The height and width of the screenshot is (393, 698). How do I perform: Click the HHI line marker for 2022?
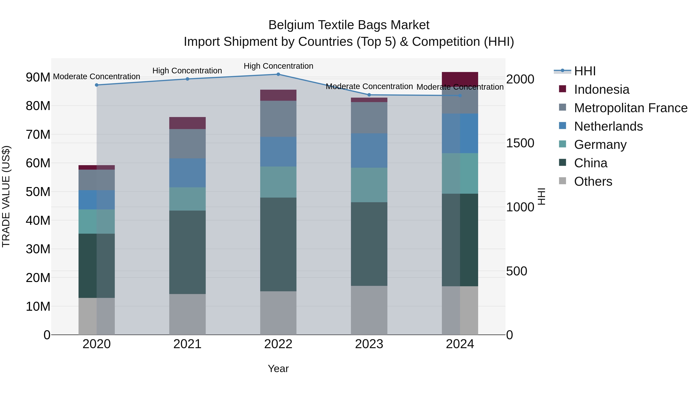[278, 74]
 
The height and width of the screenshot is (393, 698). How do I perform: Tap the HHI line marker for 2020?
[97, 85]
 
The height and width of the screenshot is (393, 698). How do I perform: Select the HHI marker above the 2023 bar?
[369, 95]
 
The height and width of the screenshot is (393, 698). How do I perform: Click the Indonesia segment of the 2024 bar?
[460, 79]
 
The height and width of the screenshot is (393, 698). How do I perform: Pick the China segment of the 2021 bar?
[187, 252]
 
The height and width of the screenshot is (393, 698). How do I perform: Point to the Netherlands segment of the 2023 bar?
[369, 151]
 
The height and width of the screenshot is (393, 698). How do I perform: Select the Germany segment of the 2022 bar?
[278, 182]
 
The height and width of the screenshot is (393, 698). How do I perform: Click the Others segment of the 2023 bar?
[369, 310]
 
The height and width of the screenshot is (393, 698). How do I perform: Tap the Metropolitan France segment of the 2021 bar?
[187, 144]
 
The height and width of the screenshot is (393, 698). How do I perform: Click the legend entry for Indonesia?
[601, 89]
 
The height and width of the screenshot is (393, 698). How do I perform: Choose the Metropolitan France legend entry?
[631, 108]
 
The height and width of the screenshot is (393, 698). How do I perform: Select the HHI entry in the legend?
[585, 71]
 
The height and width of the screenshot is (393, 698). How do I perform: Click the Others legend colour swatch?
[562, 181]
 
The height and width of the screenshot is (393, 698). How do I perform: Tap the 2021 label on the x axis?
[187, 344]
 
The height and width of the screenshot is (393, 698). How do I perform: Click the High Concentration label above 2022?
[278, 66]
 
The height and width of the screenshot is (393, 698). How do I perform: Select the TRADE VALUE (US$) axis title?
[6, 196]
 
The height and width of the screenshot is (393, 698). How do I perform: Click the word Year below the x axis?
[278, 369]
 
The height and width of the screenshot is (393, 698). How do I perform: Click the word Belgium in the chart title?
[291, 25]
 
